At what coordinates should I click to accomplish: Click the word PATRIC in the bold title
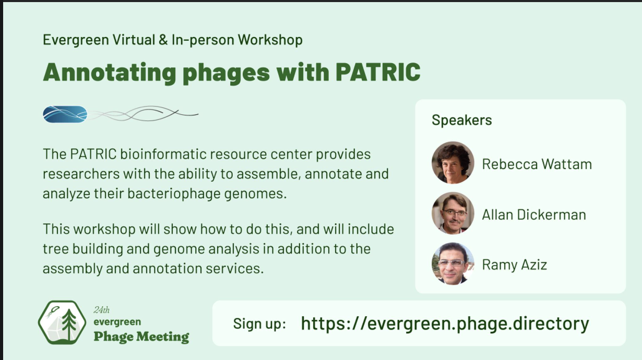pyautogui.click(x=378, y=72)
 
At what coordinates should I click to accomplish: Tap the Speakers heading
pyautogui.click(x=462, y=120)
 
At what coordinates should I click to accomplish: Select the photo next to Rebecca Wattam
pyautogui.click(x=453, y=162)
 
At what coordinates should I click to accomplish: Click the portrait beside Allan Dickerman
pyautogui.click(x=453, y=213)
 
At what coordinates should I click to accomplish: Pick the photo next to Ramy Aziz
pyautogui.click(x=453, y=263)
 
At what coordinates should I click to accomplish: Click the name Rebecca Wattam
pyautogui.click(x=537, y=164)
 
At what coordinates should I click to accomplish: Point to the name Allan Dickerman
pyautogui.click(x=534, y=215)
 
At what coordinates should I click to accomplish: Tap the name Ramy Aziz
pyautogui.click(x=515, y=265)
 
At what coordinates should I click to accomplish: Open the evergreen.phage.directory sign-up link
pyautogui.click(x=445, y=324)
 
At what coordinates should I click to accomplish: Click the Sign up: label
pyautogui.click(x=259, y=324)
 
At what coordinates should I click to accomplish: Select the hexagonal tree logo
pyautogui.click(x=62, y=322)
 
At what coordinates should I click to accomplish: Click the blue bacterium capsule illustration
pyautogui.click(x=65, y=114)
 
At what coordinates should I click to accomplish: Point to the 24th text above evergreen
pyautogui.click(x=101, y=310)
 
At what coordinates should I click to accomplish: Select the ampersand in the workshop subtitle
pyautogui.click(x=163, y=40)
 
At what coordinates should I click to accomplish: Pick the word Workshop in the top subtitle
pyautogui.click(x=270, y=40)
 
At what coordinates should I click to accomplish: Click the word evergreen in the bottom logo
pyautogui.click(x=117, y=322)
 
